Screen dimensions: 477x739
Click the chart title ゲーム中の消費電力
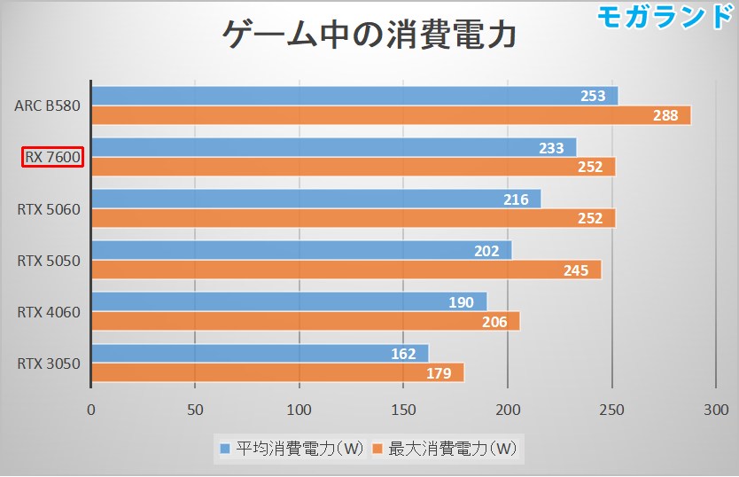(x=368, y=37)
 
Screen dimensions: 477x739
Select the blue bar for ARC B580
(x=354, y=96)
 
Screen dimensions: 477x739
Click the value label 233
(x=551, y=148)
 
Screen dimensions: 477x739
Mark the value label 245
(x=575, y=270)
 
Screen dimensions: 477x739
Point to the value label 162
(x=403, y=354)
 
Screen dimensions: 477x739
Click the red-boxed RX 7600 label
(x=53, y=158)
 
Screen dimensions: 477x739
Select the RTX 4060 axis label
(x=49, y=312)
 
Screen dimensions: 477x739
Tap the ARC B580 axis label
(x=48, y=106)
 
